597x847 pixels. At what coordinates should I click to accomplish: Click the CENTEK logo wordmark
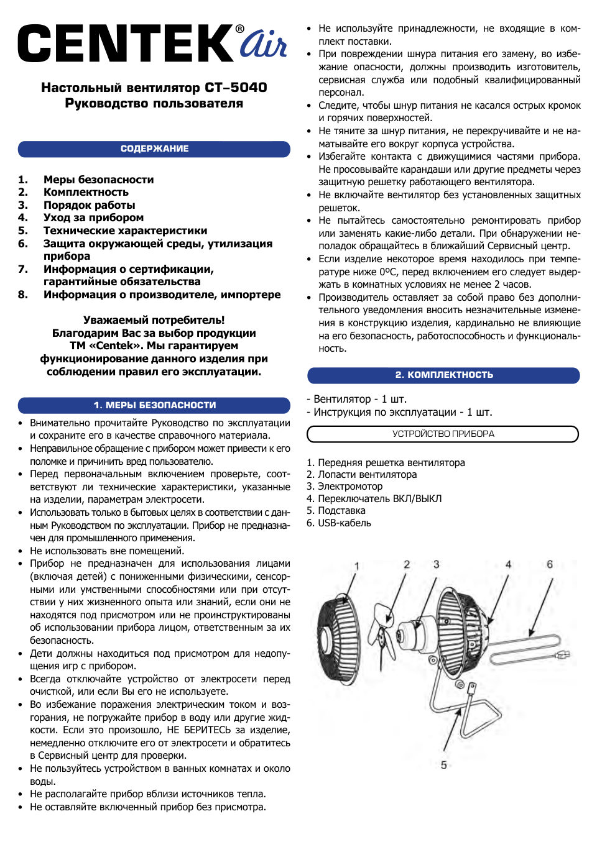click(127, 43)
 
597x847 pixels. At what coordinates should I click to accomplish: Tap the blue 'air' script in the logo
click(263, 45)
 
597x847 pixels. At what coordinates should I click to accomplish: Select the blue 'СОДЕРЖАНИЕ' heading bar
click(154, 149)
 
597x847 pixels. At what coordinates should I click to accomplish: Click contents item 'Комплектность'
click(86, 192)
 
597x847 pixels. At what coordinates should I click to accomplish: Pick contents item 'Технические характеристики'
click(125, 231)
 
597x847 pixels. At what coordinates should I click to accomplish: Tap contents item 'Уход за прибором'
click(93, 217)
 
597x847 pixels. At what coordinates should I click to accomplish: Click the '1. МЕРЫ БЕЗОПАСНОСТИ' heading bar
click(154, 405)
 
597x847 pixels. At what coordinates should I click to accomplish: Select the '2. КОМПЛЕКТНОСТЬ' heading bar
click(443, 375)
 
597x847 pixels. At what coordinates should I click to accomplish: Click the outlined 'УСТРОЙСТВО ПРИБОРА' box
click(443, 434)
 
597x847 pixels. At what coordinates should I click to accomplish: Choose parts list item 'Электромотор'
click(350, 487)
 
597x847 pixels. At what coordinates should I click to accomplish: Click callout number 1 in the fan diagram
click(357, 566)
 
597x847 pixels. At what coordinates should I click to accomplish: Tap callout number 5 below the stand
click(443, 765)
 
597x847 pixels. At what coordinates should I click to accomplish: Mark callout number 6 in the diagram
click(550, 564)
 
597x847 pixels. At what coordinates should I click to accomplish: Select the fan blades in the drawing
click(384, 628)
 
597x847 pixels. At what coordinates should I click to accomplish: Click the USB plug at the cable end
click(562, 654)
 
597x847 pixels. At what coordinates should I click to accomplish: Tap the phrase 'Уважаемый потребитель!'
click(154, 320)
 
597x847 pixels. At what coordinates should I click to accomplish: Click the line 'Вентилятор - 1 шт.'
click(357, 399)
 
